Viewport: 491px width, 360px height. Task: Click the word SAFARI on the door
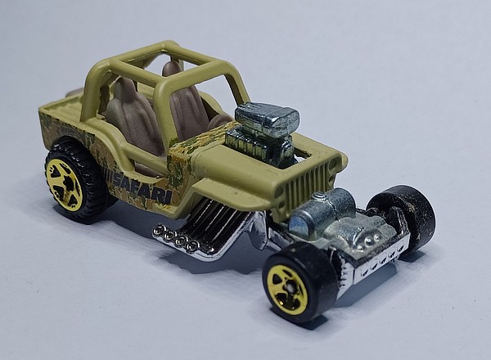pos(142,188)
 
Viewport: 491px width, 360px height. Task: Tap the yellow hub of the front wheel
pos(286,290)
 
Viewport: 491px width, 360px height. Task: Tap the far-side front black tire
pos(403,216)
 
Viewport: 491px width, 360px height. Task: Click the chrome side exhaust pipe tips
pos(176,239)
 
